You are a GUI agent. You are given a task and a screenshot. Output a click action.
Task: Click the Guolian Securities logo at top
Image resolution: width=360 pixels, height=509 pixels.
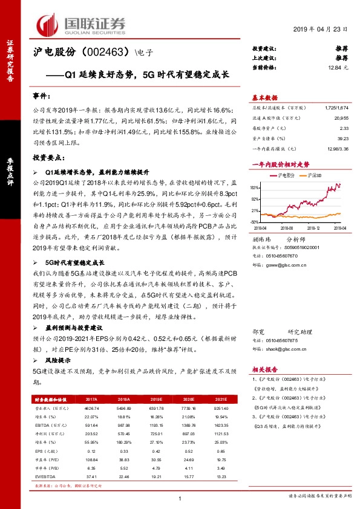(x=81, y=24)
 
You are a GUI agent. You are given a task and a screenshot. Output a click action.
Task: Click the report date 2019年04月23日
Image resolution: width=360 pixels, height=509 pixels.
(x=321, y=30)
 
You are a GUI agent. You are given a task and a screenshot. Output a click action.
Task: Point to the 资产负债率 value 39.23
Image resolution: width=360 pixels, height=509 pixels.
(x=344, y=138)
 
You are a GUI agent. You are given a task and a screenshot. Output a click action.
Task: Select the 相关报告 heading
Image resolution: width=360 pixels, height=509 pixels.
(x=264, y=369)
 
